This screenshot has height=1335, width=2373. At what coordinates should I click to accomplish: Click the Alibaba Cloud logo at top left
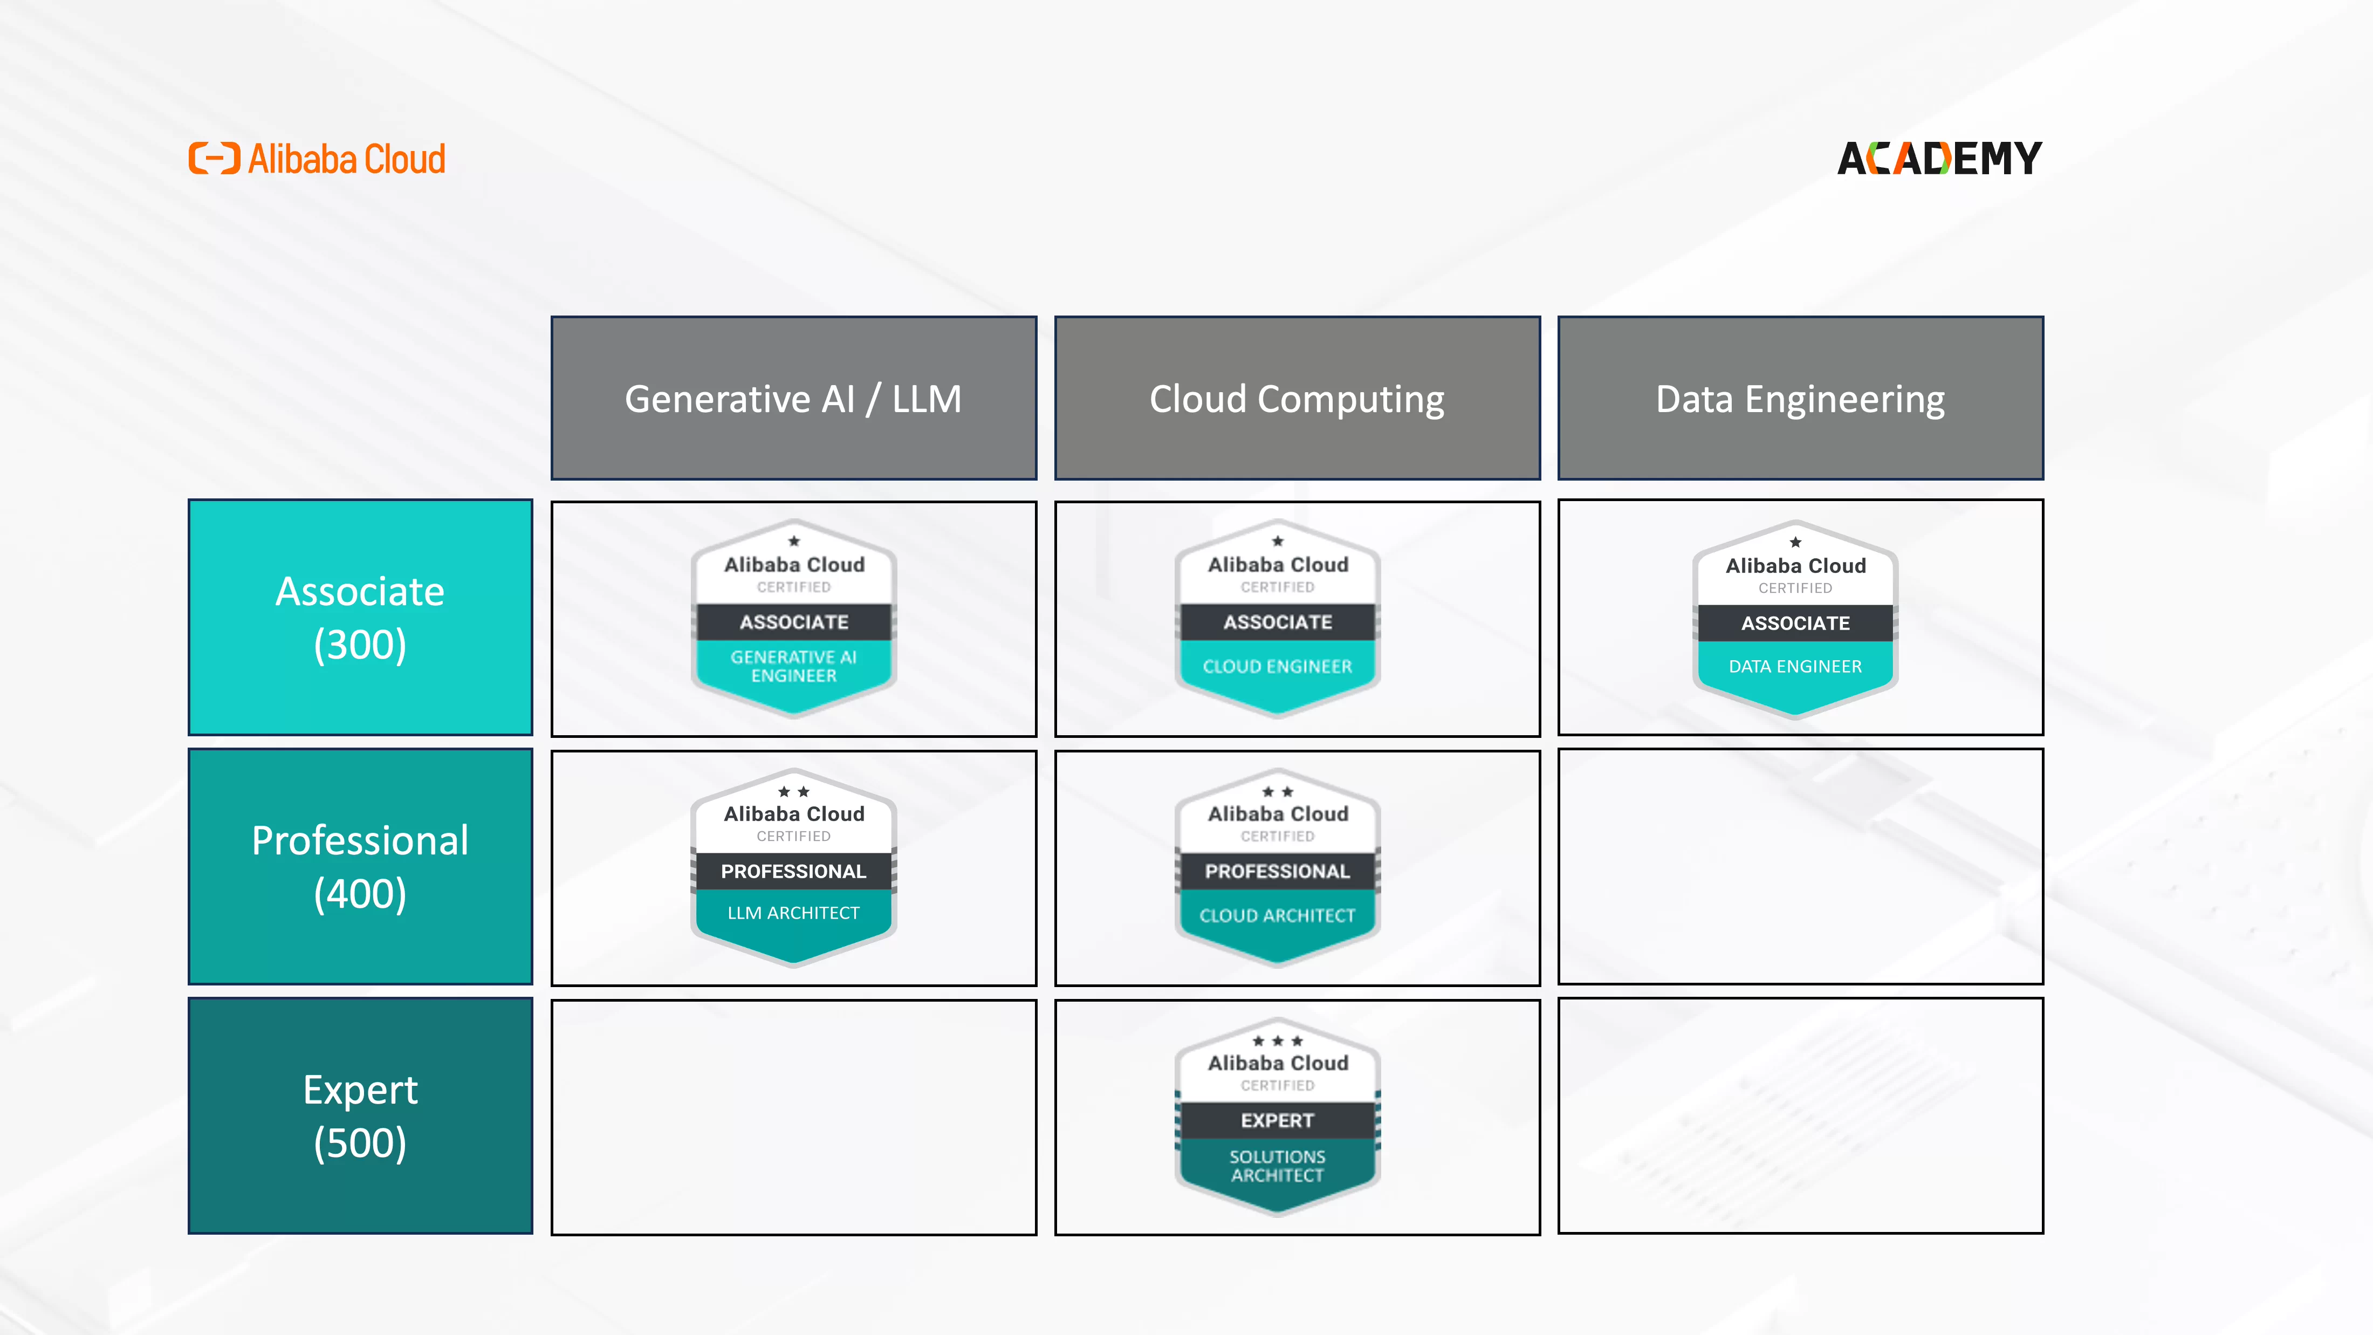click(317, 159)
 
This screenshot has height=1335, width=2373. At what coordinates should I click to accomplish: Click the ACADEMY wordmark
click(1940, 159)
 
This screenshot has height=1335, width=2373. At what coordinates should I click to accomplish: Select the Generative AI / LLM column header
click(794, 398)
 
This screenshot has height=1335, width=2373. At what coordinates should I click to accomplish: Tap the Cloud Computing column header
click(1297, 398)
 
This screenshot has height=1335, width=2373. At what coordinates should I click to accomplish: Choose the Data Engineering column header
click(1800, 398)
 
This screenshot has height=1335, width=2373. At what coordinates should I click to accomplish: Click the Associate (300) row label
click(360, 617)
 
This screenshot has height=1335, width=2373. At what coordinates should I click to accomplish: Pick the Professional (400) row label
click(360, 866)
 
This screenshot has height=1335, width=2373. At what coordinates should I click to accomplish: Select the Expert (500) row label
click(360, 1115)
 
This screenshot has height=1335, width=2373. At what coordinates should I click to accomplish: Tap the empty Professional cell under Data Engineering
click(1800, 866)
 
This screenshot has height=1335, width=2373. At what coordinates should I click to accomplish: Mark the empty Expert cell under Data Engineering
click(1800, 1115)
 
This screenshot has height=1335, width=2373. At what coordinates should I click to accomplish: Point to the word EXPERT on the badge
click(1278, 1120)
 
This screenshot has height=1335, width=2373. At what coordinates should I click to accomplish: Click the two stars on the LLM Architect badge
click(794, 791)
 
